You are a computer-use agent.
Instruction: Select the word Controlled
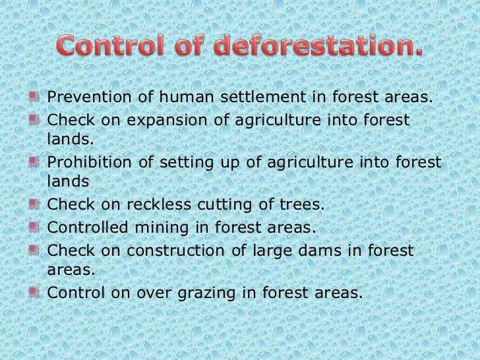(89, 228)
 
